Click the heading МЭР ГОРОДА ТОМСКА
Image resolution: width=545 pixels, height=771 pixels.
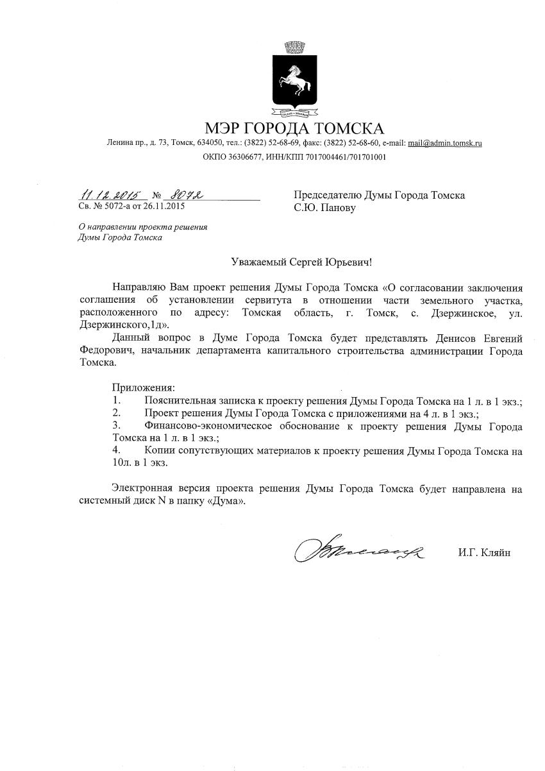[294, 128]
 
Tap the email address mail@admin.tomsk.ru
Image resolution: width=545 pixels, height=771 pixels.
[445, 143]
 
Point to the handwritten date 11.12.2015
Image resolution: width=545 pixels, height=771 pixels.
[110, 194]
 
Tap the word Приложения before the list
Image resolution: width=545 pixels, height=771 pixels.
[143, 388]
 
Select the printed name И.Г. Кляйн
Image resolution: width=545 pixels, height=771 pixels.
[484, 552]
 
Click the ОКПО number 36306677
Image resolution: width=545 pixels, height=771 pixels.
[240, 157]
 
